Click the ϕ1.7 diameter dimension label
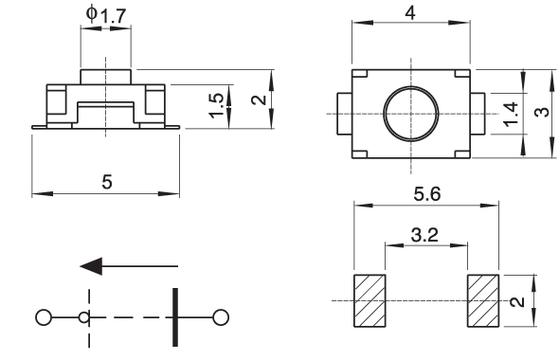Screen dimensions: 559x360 click(x=106, y=15)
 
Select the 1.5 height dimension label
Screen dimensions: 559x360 click(x=217, y=106)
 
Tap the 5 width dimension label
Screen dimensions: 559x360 click(x=107, y=182)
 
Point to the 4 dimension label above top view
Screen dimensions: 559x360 click(x=410, y=13)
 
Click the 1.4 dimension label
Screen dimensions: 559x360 click(x=511, y=114)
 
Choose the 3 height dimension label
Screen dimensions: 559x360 click(x=542, y=113)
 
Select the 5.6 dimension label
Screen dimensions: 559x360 click(x=427, y=194)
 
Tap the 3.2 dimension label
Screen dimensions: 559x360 click(x=424, y=235)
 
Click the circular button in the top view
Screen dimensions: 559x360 click(x=411, y=114)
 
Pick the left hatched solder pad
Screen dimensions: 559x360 click(x=370, y=300)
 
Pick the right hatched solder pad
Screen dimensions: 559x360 click(x=483, y=300)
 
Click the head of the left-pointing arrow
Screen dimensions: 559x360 click(x=91, y=266)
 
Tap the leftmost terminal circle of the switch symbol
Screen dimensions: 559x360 click(x=44, y=317)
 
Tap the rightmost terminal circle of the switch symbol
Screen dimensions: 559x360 click(x=221, y=317)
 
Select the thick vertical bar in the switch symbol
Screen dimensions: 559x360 click(x=175, y=317)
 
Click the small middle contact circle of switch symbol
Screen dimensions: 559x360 click(x=84, y=317)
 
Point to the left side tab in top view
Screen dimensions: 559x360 click(x=345, y=114)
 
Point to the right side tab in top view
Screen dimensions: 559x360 click(x=478, y=114)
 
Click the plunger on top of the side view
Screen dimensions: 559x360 click(x=106, y=77)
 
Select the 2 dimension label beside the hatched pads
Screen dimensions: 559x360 click(x=517, y=301)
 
